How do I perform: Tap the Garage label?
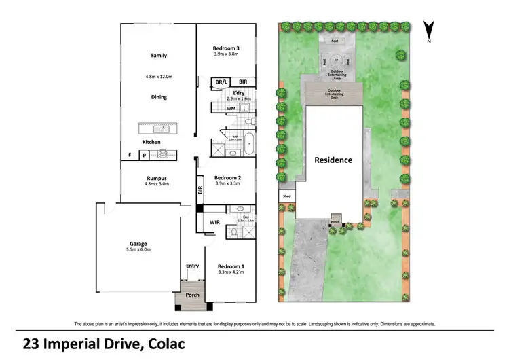coord(139,243)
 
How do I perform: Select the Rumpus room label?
coord(155,178)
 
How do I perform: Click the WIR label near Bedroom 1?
coord(214,222)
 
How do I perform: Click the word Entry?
coord(192,266)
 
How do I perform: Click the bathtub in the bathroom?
coord(249,143)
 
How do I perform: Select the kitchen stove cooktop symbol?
coord(164,155)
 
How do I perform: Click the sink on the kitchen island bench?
coord(157,128)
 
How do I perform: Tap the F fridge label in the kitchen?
coord(130,156)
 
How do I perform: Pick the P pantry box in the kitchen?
coord(144,156)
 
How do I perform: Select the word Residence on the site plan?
coord(333,160)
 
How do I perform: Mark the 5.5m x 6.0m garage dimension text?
coord(139,250)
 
